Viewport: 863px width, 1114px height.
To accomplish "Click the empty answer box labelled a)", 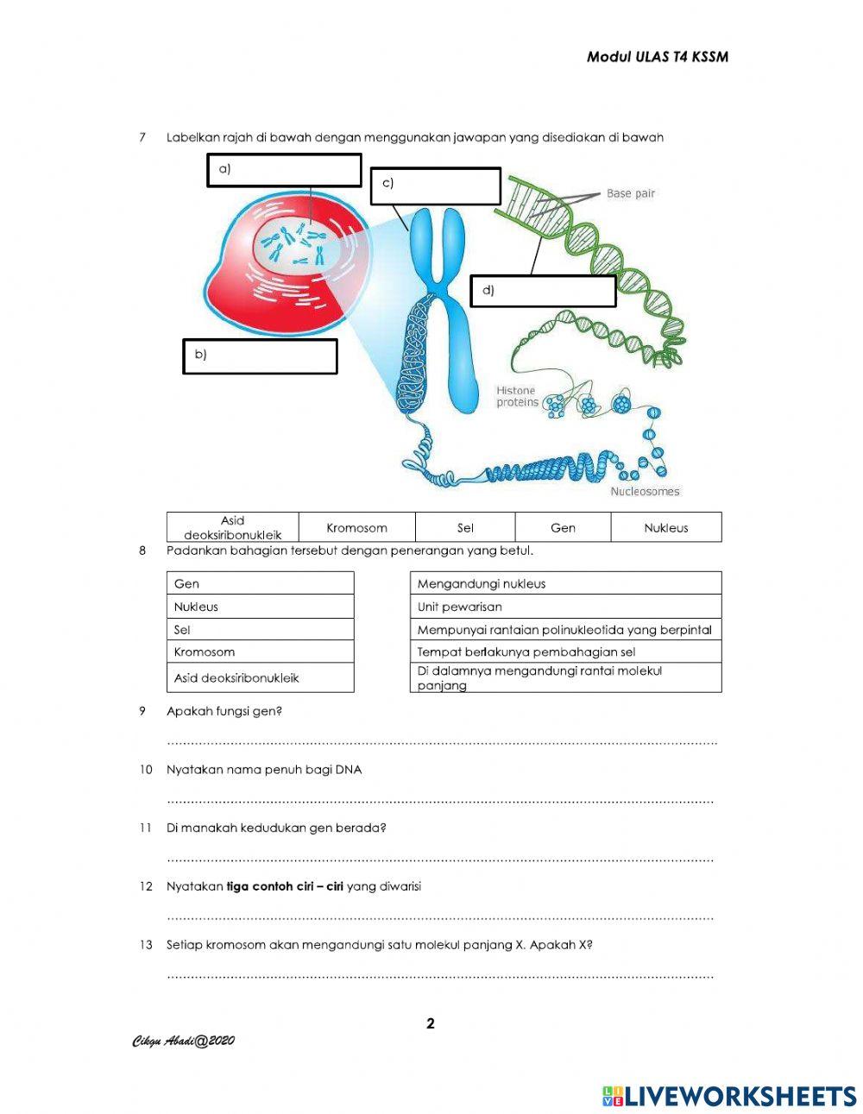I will pos(284,170).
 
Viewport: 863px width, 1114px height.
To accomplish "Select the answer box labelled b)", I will pos(260,356).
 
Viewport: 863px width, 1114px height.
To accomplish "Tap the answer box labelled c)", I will pos(436,186).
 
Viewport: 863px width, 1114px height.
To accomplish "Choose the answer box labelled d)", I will pos(544,291).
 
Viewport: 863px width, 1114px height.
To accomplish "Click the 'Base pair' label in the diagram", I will pos(630,194).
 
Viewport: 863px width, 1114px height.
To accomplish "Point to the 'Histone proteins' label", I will pos(517,396).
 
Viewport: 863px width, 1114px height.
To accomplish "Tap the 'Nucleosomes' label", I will pos(645,492).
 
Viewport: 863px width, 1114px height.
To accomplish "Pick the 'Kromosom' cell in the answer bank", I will pos(356,527).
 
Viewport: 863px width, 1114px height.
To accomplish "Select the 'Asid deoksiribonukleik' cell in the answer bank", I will pos(233,527).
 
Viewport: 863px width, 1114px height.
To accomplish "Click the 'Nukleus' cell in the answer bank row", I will pos(665,527).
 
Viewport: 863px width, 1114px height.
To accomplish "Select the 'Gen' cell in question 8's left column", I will pos(260,583).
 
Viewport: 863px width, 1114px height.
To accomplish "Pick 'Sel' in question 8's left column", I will pos(260,630).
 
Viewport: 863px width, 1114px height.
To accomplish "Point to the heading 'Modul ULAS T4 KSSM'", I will pos(658,57).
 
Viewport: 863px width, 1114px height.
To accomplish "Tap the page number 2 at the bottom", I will pos(431,1024).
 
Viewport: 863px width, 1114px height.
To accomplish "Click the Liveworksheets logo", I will pos(729,1096).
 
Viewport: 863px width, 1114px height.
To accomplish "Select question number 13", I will pos(146,945).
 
